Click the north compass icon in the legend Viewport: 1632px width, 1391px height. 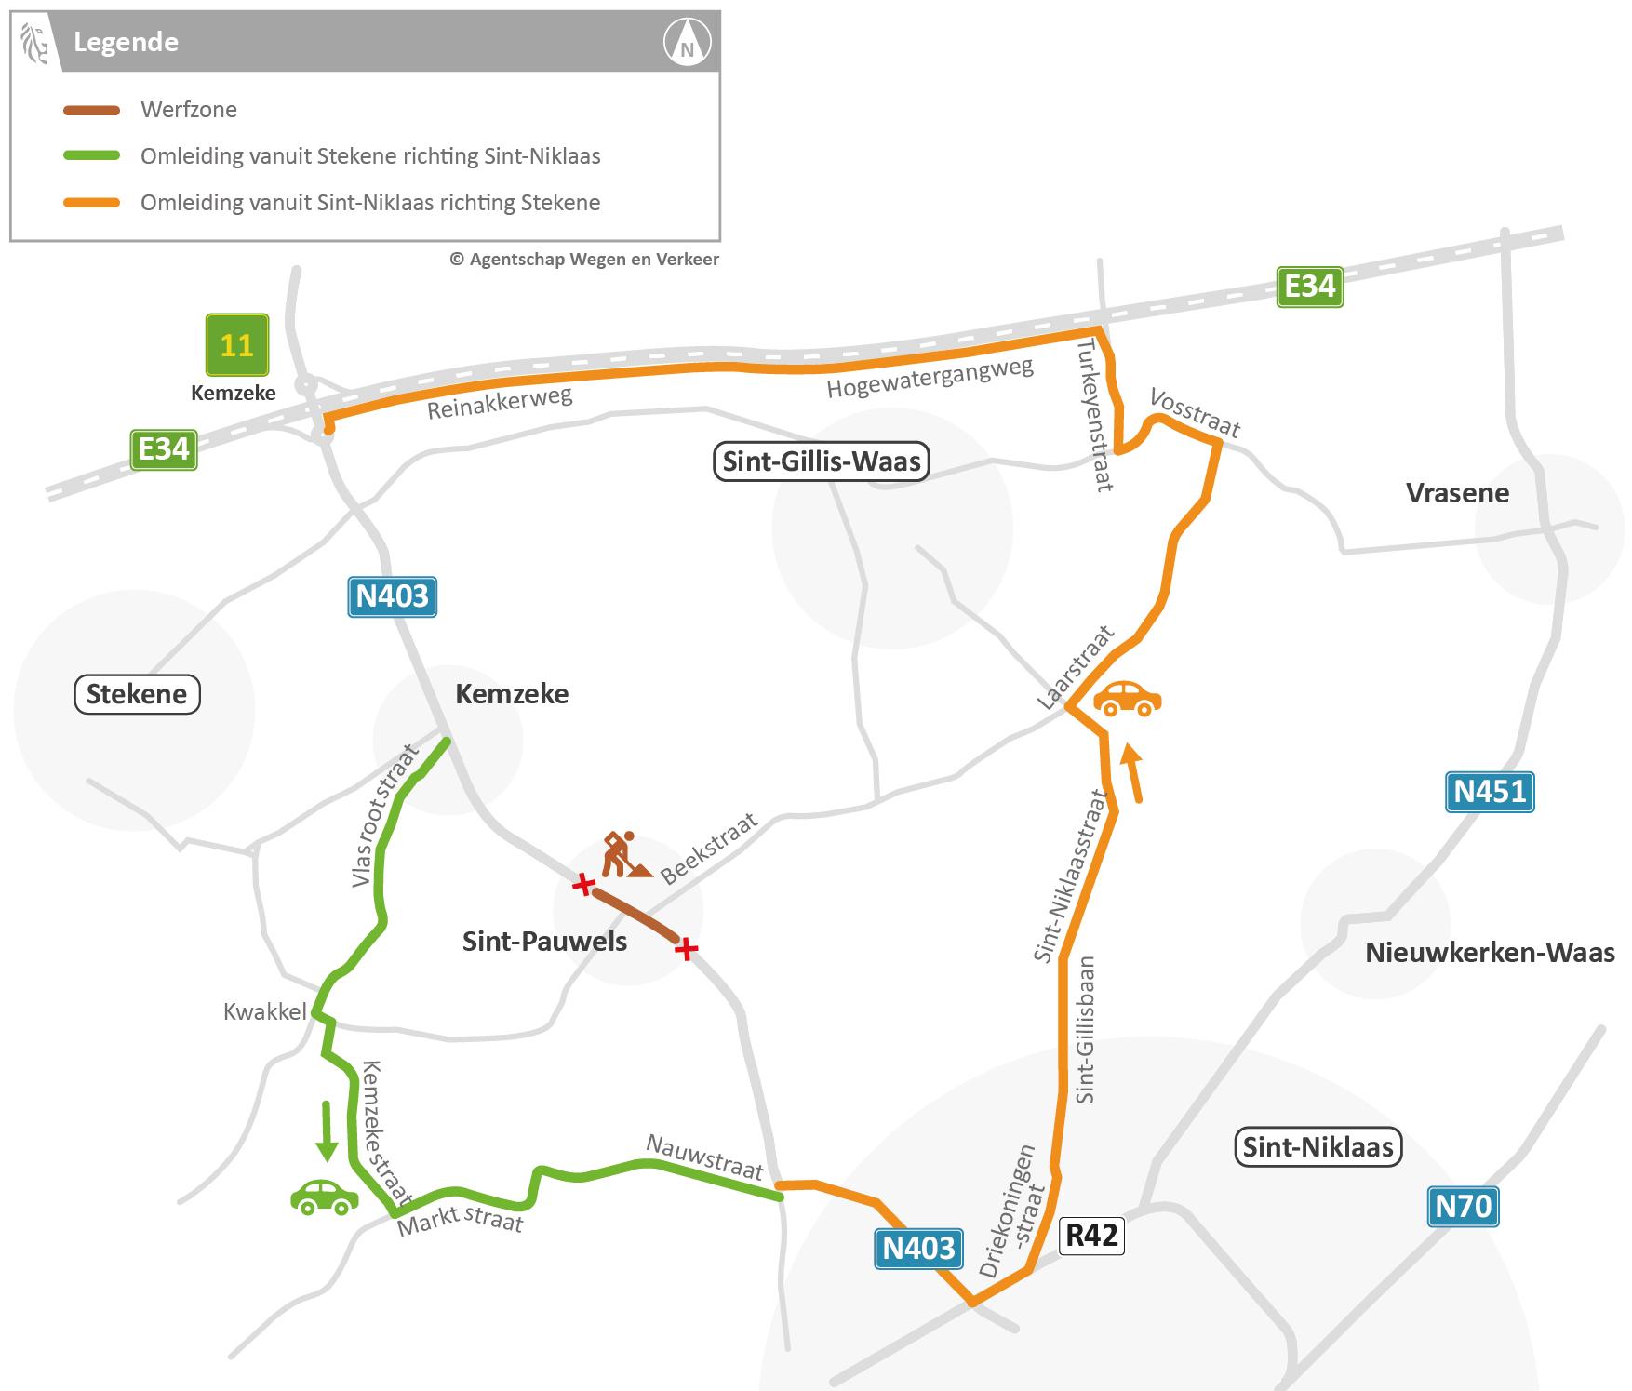coord(687,43)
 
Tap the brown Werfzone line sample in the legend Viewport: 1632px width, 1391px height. coord(91,110)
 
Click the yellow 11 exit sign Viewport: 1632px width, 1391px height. coord(237,345)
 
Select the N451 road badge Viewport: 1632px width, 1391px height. coord(1489,791)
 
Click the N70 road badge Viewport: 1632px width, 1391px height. coord(1463,1206)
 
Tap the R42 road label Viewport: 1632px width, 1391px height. coord(1091,1235)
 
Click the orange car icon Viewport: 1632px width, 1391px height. coord(1128,698)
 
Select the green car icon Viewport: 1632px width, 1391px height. coord(324,1197)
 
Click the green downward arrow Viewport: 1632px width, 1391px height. coord(326,1130)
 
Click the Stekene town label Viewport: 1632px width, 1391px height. coord(137,694)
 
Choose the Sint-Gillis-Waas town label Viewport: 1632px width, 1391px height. coord(821,461)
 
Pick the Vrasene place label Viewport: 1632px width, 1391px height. coord(1456,493)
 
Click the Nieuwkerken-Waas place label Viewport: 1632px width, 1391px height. coord(1489,953)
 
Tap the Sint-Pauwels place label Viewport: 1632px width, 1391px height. coord(544,942)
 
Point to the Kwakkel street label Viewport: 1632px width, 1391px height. coord(264,1011)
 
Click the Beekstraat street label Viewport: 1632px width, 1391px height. coord(709,848)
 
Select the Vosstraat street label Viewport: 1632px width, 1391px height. coord(1195,412)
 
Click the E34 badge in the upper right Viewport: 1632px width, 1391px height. coord(1309,287)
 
